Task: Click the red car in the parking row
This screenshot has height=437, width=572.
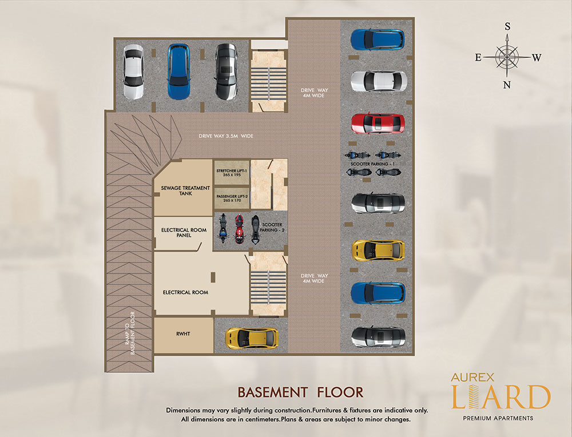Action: (x=378, y=124)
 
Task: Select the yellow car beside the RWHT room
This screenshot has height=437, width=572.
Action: (x=252, y=337)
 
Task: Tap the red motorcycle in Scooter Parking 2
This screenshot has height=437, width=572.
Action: (x=239, y=229)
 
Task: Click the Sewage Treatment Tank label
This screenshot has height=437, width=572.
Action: (x=185, y=191)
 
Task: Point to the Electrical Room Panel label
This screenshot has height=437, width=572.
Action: (x=184, y=233)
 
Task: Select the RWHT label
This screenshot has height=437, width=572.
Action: (x=183, y=334)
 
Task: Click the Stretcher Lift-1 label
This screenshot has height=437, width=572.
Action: (x=232, y=173)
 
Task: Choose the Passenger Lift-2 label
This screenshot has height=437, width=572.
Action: (x=232, y=198)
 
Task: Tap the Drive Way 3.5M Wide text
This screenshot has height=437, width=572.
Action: (x=226, y=136)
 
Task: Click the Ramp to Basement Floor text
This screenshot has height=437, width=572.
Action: (x=130, y=333)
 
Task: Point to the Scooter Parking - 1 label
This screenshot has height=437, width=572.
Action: (x=372, y=164)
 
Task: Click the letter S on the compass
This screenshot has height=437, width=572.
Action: (x=507, y=26)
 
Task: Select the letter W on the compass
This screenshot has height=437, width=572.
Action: (x=537, y=58)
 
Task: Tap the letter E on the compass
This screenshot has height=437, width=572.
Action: (x=478, y=57)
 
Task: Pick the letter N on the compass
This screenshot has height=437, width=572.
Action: (x=507, y=85)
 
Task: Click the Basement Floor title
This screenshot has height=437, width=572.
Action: (x=301, y=392)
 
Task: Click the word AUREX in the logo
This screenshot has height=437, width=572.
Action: (x=473, y=377)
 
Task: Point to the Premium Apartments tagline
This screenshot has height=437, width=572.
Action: (x=498, y=418)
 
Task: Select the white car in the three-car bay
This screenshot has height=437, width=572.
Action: (x=133, y=72)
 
